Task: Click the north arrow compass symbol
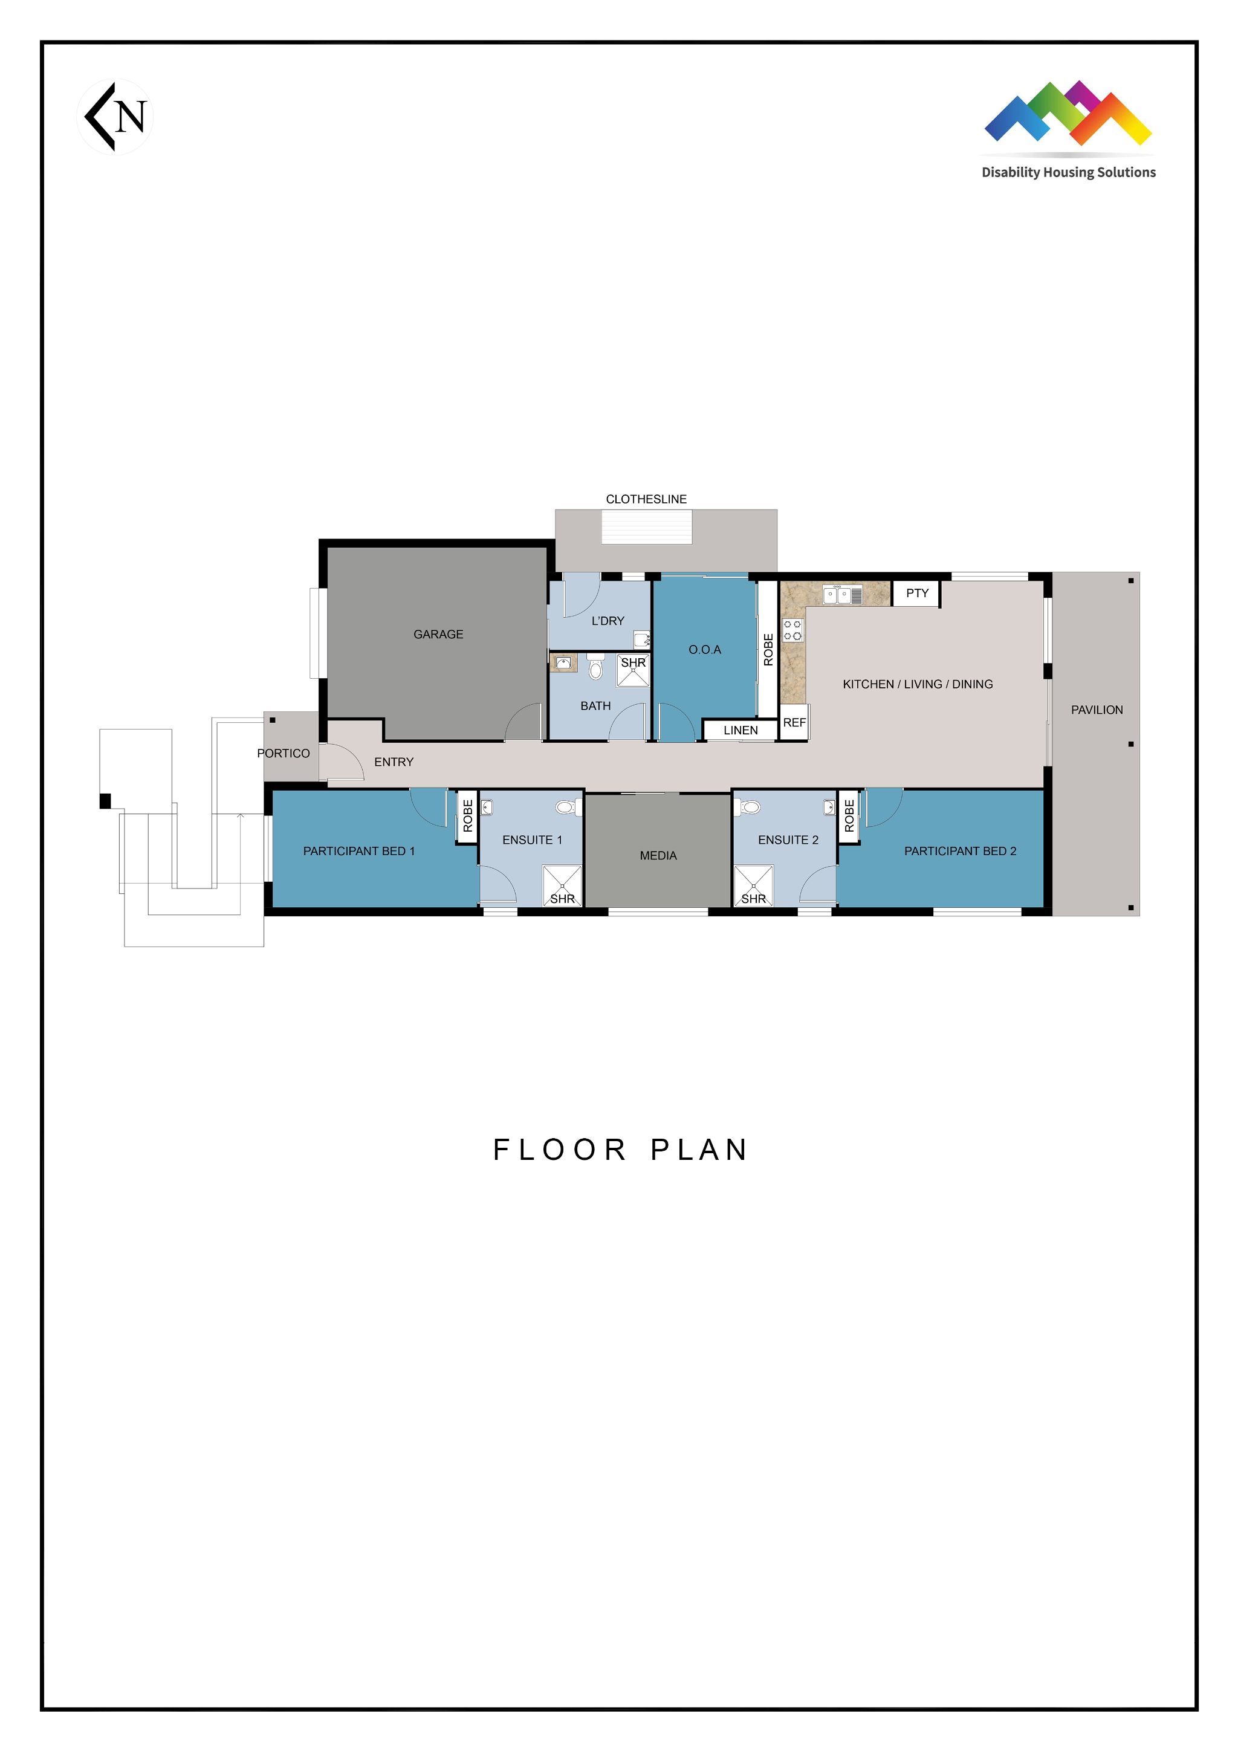click(x=114, y=117)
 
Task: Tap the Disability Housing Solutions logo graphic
click(x=1068, y=113)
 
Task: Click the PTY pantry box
click(x=917, y=594)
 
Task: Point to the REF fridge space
click(x=794, y=722)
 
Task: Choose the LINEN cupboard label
click(x=740, y=730)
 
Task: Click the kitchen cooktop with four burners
click(x=792, y=630)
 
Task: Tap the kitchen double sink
click(x=842, y=595)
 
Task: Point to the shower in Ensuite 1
click(x=562, y=885)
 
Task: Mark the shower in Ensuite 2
click(x=754, y=885)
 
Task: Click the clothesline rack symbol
click(x=646, y=527)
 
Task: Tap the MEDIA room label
click(x=658, y=856)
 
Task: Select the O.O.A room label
click(x=704, y=650)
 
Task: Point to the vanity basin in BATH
click(x=564, y=662)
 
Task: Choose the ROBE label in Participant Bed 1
click(x=468, y=816)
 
